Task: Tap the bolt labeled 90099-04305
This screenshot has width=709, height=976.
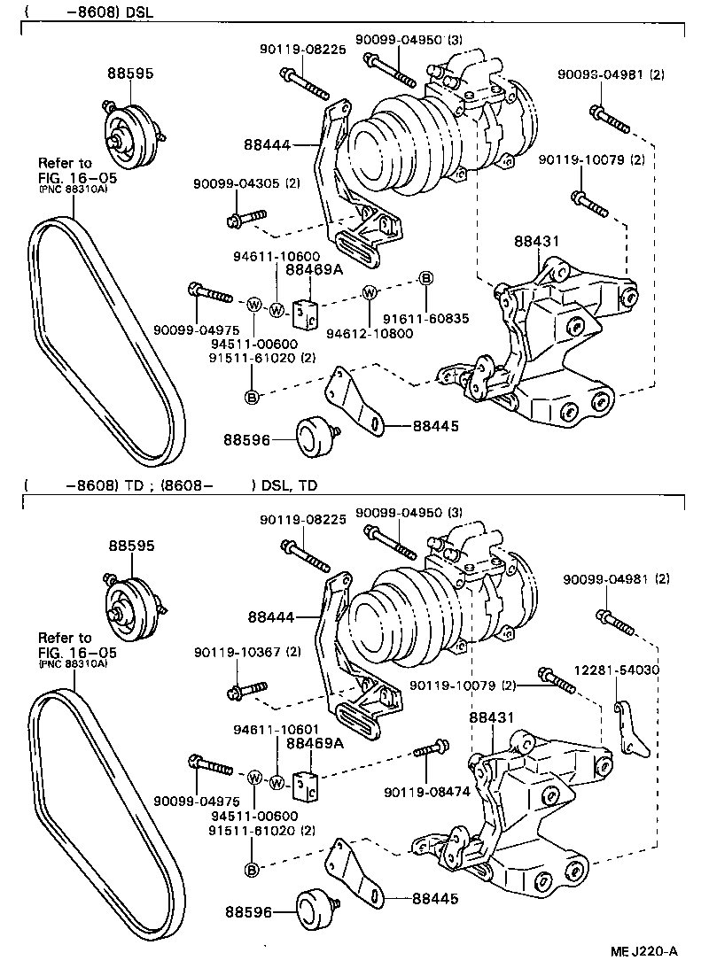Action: [247, 217]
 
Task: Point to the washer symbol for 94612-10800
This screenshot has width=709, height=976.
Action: [370, 292]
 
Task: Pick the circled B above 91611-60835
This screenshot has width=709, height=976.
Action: [425, 279]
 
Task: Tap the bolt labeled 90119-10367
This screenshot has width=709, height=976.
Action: [247, 687]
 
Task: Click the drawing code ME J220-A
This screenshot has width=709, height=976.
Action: [643, 952]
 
